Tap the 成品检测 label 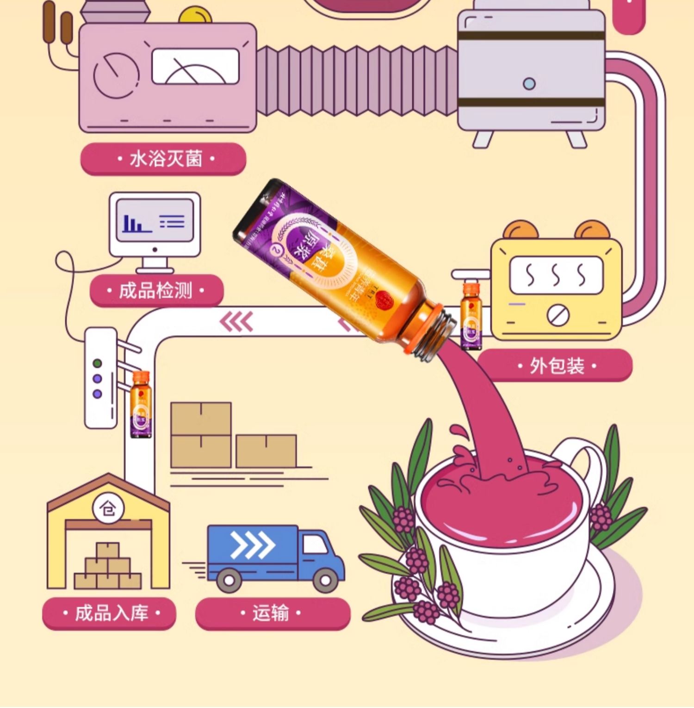pyautogui.click(x=156, y=291)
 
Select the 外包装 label pyautogui.click(x=555, y=366)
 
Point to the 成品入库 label pyautogui.click(x=110, y=613)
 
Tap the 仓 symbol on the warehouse pyautogui.click(x=108, y=508)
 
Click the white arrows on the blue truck pyautogui.click(x=253, y=545)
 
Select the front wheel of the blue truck pyautogui.click(x=326, y=579)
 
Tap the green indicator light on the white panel pyautogui.click(x=98, y=363)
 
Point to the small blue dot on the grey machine pyautogui.click(x=529, y=84)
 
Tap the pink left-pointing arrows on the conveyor pyautogui.click(x=237, y=321)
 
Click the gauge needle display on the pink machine pyautogui.click(x=196, y=67)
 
